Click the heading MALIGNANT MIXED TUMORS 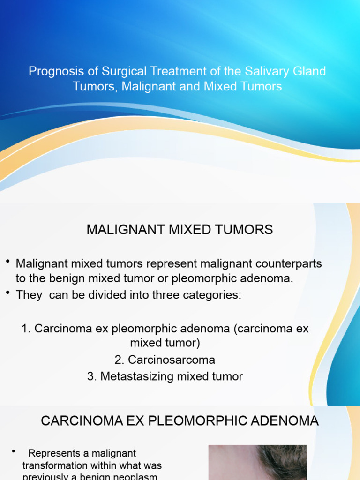[x=180, y=230]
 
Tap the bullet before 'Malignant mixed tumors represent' [x=8, y=261]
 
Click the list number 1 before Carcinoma [x=26, y=329]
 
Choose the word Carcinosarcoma [x=172, y=360]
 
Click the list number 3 [x=91, y=376]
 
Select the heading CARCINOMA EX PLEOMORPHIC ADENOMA [x=180, y=421]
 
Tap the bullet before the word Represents [x=14, y=451]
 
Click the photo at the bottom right [x=257, y=462]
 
